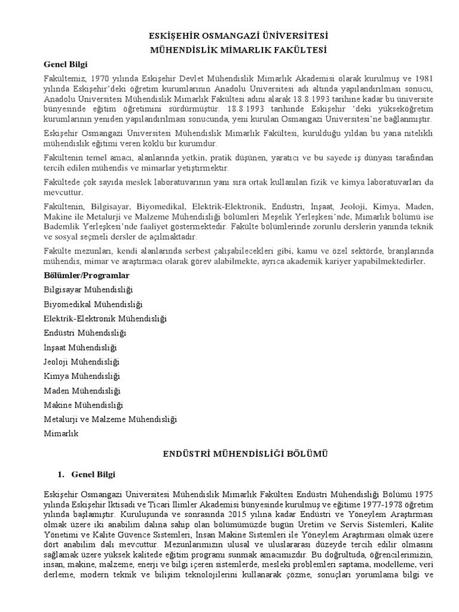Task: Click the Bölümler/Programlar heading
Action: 87,275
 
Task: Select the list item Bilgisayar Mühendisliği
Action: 88,289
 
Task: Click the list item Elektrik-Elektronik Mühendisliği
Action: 105,318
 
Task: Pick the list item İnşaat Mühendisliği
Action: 80,347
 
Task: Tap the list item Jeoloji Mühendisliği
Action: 82,362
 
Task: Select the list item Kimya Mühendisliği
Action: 82,376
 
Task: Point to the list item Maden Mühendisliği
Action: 82,390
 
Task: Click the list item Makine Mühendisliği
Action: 83,405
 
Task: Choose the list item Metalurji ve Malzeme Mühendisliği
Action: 111,419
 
